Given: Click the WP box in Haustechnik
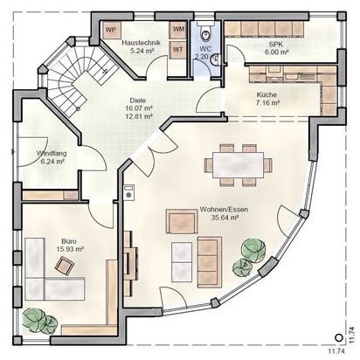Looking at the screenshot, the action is [110, 30].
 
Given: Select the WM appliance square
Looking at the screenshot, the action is [177, 30].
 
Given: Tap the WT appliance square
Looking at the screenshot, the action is [177, 50].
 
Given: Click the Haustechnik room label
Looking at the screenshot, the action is [141, 43].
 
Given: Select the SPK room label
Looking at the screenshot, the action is [276, 45].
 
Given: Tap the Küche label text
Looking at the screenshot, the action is [267, 94].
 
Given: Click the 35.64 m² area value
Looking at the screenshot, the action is [224, 218].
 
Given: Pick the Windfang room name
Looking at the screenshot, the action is [52, 153].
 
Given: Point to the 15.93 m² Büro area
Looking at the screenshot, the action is [70, 249].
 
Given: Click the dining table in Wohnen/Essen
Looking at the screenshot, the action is [239, 165].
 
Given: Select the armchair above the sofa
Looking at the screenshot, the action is [182, 221].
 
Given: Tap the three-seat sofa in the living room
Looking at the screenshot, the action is [210, 262].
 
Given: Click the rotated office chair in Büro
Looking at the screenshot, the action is [65, 265].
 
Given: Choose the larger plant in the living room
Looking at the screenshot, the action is [253, 248].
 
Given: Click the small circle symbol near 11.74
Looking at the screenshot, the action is [338, 337].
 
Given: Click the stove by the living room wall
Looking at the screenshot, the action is [128, 192].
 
